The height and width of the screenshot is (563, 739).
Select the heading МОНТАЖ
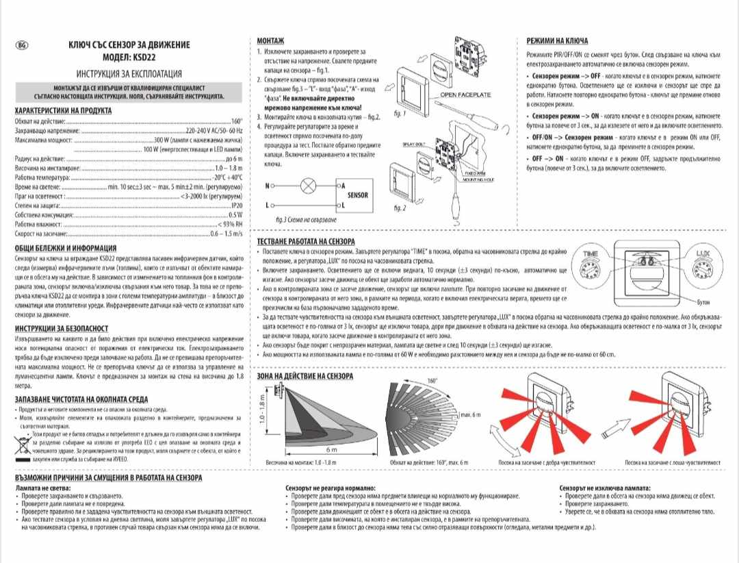[x=270, y=42]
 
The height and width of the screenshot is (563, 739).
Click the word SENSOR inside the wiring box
[x=358, y=195]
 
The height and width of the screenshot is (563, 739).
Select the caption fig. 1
[x=401, y=113]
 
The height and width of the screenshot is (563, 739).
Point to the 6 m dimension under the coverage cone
[x=330, y=449]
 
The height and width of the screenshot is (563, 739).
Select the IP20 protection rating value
[x=237, y=205]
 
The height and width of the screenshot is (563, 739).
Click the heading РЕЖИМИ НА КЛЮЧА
[x=557, y=41]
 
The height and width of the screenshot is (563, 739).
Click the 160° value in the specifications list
[x=237, y=120]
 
